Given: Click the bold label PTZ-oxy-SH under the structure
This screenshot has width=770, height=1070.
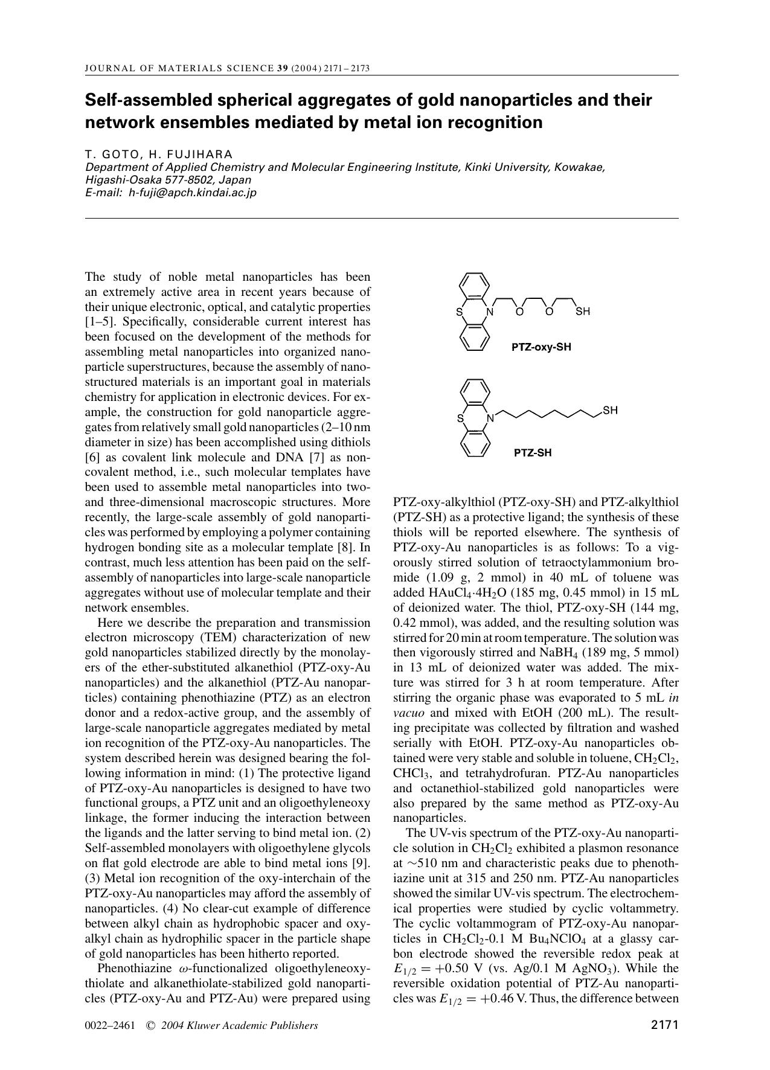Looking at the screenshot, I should click(541, 347).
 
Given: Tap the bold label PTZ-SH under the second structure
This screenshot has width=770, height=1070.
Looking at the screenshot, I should click(533, 453).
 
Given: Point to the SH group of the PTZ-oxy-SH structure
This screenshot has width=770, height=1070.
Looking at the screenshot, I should click(582, 312).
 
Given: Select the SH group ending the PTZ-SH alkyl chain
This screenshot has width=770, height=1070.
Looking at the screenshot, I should click(610, 411).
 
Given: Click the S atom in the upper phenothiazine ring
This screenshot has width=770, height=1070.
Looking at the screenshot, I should click(459, 312).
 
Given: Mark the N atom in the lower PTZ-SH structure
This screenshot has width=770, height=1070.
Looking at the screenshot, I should click(490, 417).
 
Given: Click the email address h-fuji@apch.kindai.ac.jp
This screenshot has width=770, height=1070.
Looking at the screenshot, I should click(193, 193).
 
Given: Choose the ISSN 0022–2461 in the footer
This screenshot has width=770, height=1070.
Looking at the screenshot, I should click(111, 1025).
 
